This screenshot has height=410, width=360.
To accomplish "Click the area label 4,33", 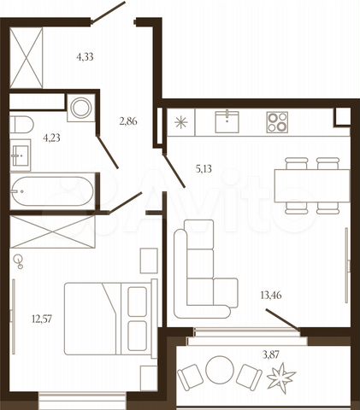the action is tap(85, 57).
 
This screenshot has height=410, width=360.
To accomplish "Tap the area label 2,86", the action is tap(128, 121).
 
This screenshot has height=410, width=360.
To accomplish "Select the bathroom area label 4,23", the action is tap(51, 138).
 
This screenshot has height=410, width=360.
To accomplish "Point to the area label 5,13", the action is tap(204, 169).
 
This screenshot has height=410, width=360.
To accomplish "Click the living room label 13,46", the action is tap(271, 296).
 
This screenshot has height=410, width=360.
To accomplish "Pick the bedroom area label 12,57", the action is tap(42, 319).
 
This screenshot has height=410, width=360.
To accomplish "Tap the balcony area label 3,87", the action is tap(271, 354).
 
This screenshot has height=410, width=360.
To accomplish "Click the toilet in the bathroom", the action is tap(21, 125).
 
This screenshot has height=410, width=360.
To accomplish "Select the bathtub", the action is tap(51, 191).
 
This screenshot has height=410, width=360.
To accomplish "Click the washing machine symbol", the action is tap(81, 108).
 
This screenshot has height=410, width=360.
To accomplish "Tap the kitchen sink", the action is tap(227, 122).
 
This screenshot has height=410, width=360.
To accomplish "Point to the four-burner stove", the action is tap(277, 122).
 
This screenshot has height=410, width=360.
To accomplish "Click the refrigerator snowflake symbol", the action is tap(181, 122).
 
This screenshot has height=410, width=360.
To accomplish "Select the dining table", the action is tap(312, 185).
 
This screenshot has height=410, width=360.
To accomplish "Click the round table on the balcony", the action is tap(220, 370).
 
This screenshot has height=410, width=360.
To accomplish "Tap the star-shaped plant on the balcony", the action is tap(281, 377).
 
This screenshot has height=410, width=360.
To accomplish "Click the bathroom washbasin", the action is tap(21, 155).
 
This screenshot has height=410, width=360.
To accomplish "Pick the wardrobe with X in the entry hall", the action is tap(27, 58).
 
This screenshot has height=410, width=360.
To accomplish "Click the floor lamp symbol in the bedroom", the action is tap(19, 261).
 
